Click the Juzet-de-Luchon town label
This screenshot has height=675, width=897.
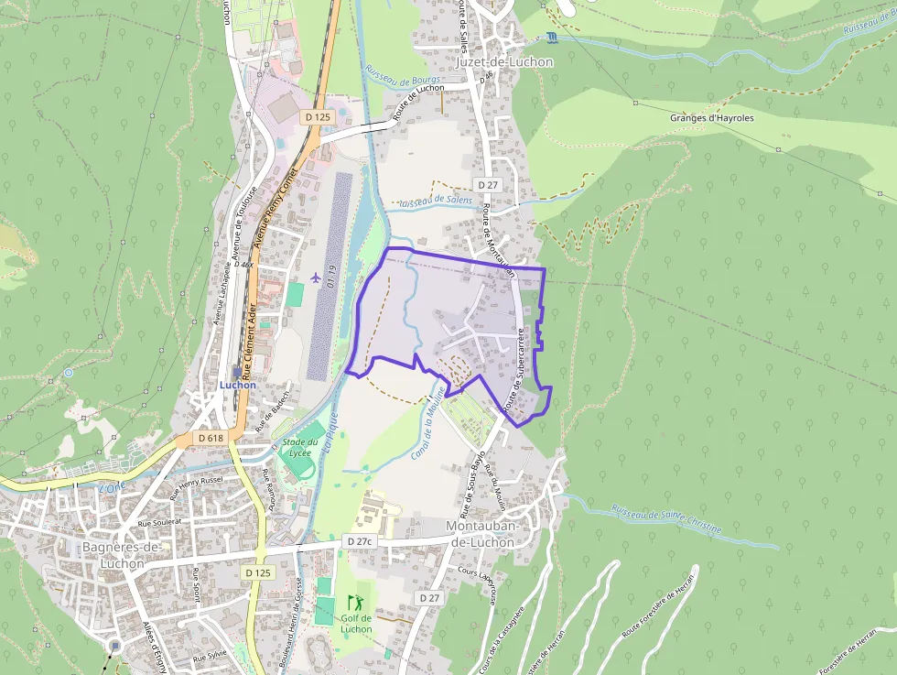coord(503,62)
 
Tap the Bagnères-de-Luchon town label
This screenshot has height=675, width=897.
coord(123,555)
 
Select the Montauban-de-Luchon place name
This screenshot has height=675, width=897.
coord(482,534)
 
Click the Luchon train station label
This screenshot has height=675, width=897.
coord(237,385)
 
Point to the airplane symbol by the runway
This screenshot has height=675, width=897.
coord(317,277)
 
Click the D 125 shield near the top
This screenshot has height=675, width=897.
coord(318,117)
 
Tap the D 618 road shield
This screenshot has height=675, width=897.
coord(210,438)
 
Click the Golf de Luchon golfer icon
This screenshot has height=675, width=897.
coord(355,604)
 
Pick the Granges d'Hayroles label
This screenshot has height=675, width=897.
coord(711,118)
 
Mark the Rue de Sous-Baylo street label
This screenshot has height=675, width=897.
coord(470,482)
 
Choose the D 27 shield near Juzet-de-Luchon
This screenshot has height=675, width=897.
coord(487,185)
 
